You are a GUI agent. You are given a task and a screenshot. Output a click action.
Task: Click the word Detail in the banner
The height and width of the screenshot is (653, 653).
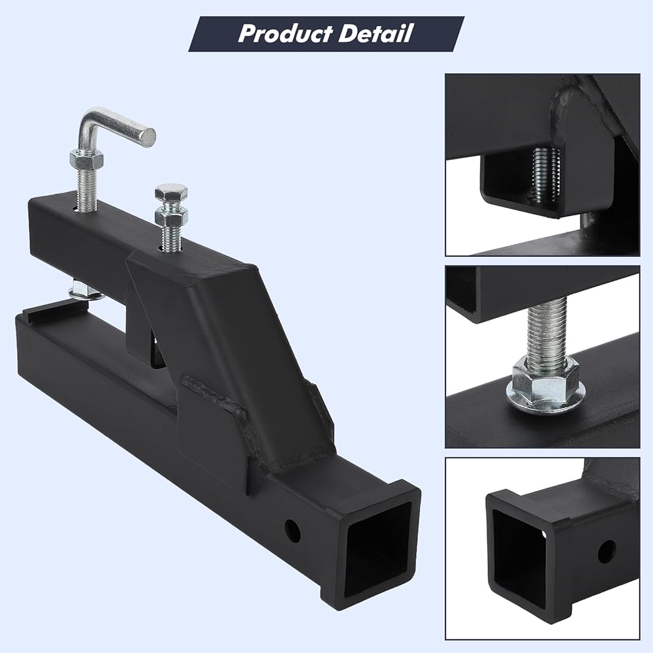point(375,33)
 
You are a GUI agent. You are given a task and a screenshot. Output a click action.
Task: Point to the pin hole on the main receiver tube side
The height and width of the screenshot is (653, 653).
point(293,530)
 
